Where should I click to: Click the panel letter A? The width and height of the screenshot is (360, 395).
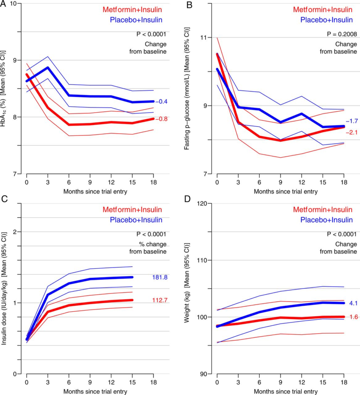point(4,5)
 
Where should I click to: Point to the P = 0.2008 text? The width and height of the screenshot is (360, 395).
point(340,34)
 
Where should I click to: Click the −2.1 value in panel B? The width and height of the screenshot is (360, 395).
point(352,132)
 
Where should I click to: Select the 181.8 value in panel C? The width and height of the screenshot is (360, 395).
point(159,277)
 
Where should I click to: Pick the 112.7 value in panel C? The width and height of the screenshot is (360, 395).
point(159,300)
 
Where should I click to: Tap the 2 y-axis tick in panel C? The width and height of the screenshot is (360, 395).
point(17,232)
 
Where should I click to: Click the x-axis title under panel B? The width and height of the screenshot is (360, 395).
point(280,191)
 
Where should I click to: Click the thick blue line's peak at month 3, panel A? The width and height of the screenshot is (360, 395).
point(47,68)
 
